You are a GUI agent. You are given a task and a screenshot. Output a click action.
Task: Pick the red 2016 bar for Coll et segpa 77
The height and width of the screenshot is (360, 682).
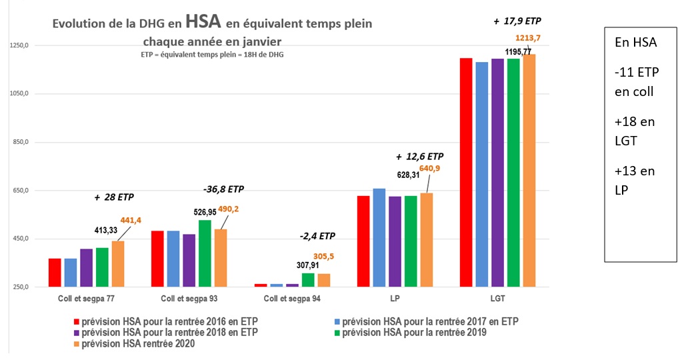tap(55, 273)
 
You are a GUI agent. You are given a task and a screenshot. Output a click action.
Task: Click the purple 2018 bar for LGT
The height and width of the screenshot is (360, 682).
tap(497, 173)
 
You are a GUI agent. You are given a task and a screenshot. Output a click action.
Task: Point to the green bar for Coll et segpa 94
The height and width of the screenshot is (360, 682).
tap(308, 280)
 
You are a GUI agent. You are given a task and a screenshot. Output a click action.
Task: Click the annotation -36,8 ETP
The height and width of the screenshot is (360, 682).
tap(222, 189)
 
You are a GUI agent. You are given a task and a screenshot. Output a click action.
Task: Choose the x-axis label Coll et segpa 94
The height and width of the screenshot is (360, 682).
tap(292, 299)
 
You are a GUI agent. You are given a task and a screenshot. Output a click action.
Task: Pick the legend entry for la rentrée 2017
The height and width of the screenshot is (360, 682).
tap(430, 321)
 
